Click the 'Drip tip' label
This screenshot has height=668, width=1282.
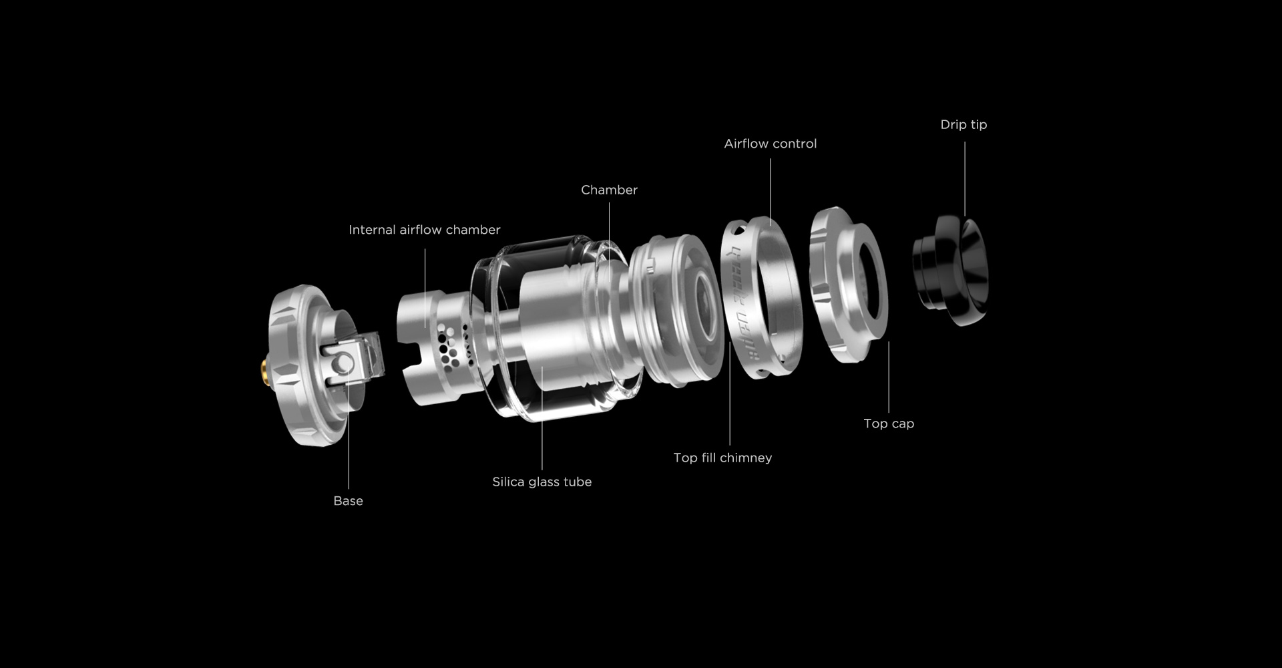pyautogui.click(x=964, y=125)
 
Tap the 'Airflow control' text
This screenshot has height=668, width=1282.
pyautogui.click(x=770, y=144)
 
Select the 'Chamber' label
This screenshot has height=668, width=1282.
pyautogui.click(x=609, y=190)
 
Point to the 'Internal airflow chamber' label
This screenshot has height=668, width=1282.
pyautogui.click(x=424, y=230)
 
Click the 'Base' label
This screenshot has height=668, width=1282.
pyautogui.click(x=348, y=501)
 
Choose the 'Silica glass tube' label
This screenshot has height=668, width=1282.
pyautogui.click(x=542, y=482)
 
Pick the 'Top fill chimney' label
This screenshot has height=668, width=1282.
pyautogui.click(x=722, y=458)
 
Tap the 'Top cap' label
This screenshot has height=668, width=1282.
pyautogui.click(x=889, y=424)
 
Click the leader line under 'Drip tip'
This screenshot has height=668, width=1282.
pyautogui.click(x=964, y=179)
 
